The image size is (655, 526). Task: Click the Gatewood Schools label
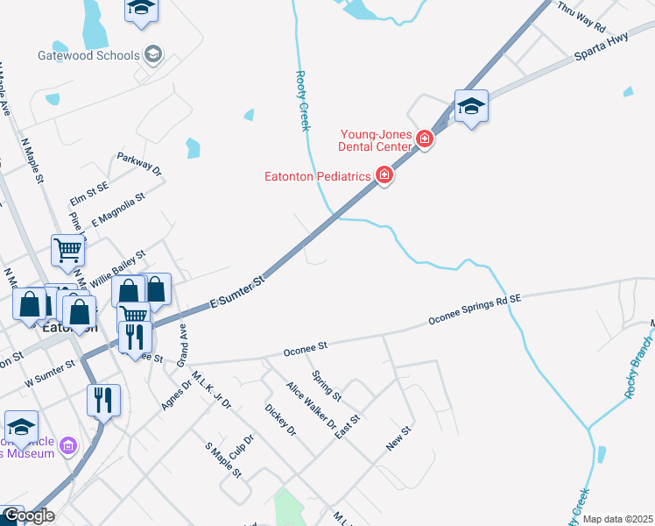pos(88,55)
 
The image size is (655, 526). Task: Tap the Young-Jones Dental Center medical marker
pos(425,139)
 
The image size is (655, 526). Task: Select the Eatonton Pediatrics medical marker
pos(384,176)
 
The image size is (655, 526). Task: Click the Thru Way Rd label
pos(581,17)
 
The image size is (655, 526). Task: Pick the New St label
pos(398,439)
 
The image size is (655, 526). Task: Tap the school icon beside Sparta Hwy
pos(471,107)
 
